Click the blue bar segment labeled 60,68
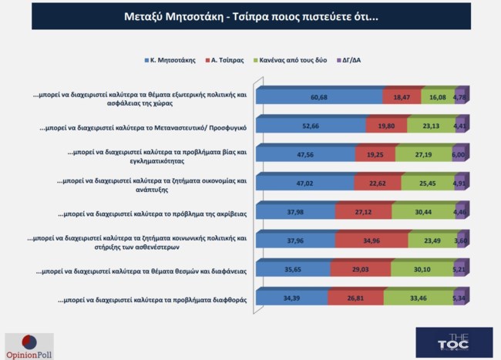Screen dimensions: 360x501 [x=320, y=96]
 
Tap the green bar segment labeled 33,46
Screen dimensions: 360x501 [x=417, y=297]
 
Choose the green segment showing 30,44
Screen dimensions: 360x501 [x=422, y=211]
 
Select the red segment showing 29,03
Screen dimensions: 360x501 [x=360, y=268]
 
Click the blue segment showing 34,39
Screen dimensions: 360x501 [x=291, y=297]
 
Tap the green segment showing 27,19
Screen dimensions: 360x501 [x=423, y=153]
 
